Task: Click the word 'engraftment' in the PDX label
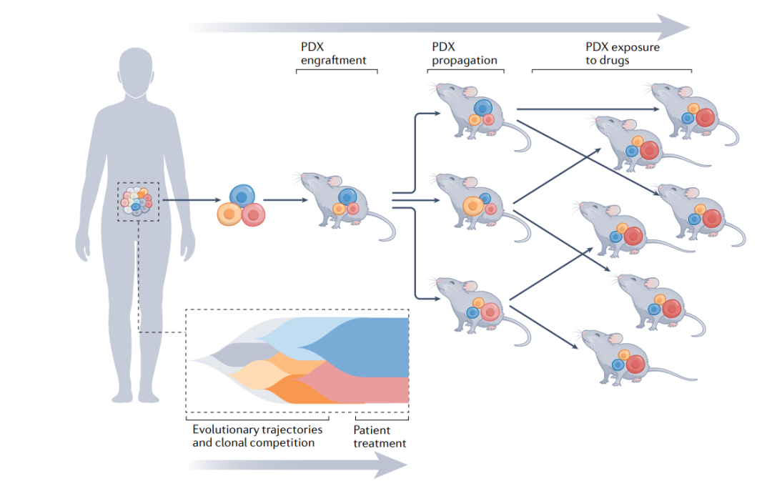[x=333, y=61]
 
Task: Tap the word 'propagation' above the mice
[x=465, y=61]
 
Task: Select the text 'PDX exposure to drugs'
[x=623, y=54]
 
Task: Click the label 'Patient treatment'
[x=380, y=437]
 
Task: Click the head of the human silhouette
[x=136, y=72]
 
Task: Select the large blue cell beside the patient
[x=242, y=197]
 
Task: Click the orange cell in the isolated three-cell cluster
[x=229, y=214]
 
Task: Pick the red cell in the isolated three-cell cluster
[x=254, y=214]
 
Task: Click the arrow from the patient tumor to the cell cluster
[x=192, y=200]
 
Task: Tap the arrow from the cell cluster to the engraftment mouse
[x=285, y=200]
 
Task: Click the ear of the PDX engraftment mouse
[x=335, y=181]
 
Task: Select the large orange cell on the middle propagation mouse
[x=473, y=206]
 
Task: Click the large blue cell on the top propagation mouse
[x=483, y=108]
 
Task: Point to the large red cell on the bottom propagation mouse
[x=490, y=312]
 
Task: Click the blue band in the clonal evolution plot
[x=365, y=347]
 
